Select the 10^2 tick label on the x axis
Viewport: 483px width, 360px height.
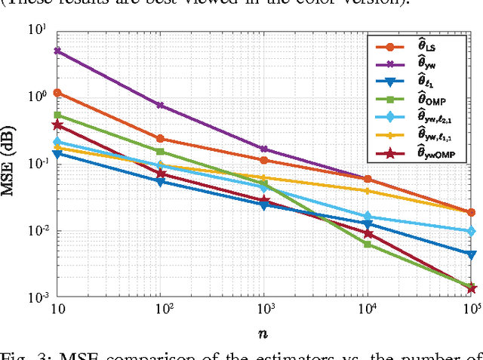coord(159,309)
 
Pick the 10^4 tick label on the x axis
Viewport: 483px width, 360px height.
coord(367,309)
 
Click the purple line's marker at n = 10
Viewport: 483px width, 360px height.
coord(57,51)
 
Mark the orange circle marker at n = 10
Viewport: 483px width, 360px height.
coord(57,93)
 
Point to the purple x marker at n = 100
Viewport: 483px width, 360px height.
coord(160,105)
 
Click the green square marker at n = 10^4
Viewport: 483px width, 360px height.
coord(368,244)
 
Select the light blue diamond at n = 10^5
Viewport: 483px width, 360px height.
coord(471,231)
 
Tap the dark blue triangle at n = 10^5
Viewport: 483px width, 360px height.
coord(471,255)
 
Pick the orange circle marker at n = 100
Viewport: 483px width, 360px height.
coord(160,139)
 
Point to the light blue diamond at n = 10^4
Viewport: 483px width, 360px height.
coord(368,217)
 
